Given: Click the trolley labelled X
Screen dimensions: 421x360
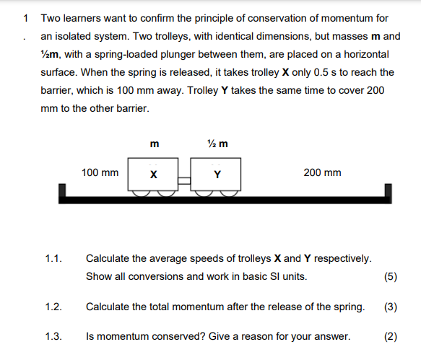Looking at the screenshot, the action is click(x=152, y=175).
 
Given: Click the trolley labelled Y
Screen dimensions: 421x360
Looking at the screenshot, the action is click(x=216, y=175).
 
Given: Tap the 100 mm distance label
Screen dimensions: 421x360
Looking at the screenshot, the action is click(x=100, y=173).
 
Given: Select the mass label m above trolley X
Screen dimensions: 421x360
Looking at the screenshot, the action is click(x=153, y=144).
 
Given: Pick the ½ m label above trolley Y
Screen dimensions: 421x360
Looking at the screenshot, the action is click(x=217, y=144).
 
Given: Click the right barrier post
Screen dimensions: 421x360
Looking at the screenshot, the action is click(x=389, y=193).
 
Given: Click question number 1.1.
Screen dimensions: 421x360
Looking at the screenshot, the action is click(x=53, y=258).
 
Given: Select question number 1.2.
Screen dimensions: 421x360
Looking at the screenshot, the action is click(x=53, y=307).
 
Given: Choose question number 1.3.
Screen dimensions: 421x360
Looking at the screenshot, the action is click(x=53, y=336).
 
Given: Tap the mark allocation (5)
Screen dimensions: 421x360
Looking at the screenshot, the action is click(x=391, y=277).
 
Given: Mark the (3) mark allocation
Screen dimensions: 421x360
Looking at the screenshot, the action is click(x=391, y=307).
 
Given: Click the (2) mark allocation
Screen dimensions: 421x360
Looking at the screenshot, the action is click(x=391, y=336).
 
